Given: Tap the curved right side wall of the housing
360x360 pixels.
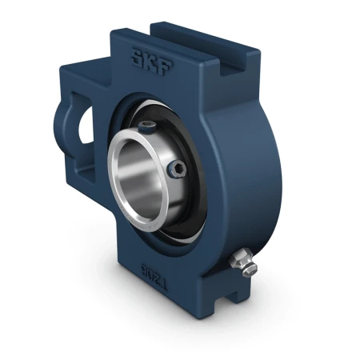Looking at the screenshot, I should pos(256,184).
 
